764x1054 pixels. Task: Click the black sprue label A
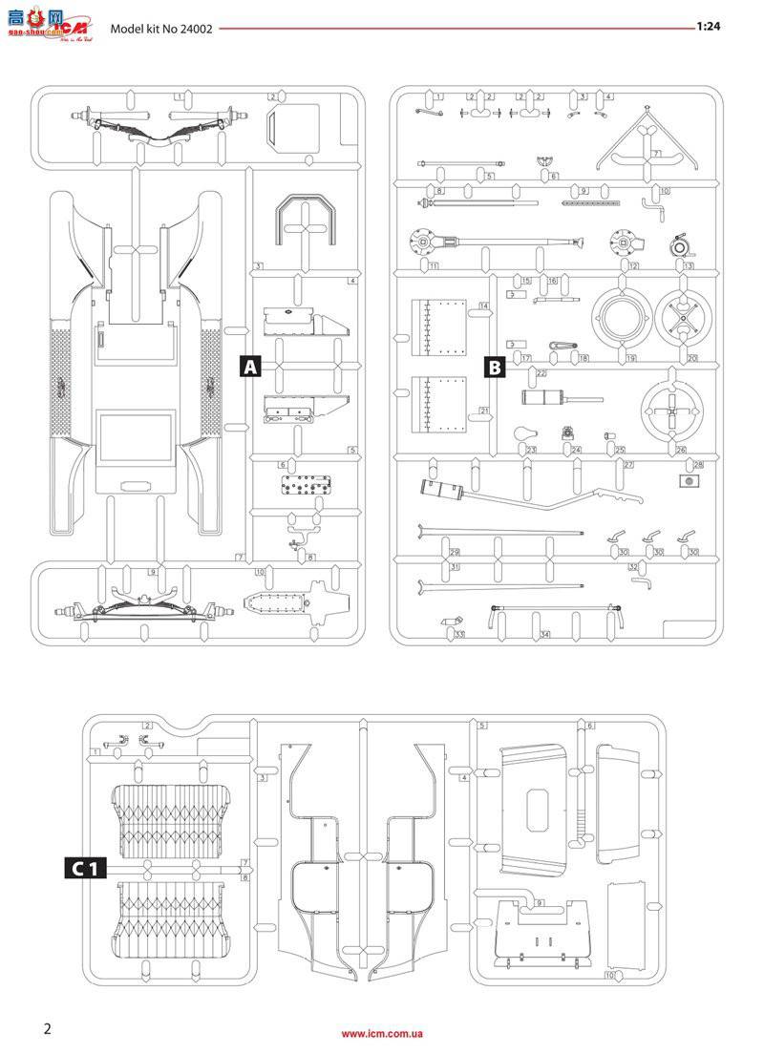point(250,367)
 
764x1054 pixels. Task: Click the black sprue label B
point(495,367)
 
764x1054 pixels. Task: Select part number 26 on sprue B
point(681,450)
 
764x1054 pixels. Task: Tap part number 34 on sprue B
point(544,634)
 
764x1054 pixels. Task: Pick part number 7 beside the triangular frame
point(657,153)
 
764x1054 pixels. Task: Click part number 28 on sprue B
point(698,464)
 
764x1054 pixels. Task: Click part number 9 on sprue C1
point(541,902)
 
